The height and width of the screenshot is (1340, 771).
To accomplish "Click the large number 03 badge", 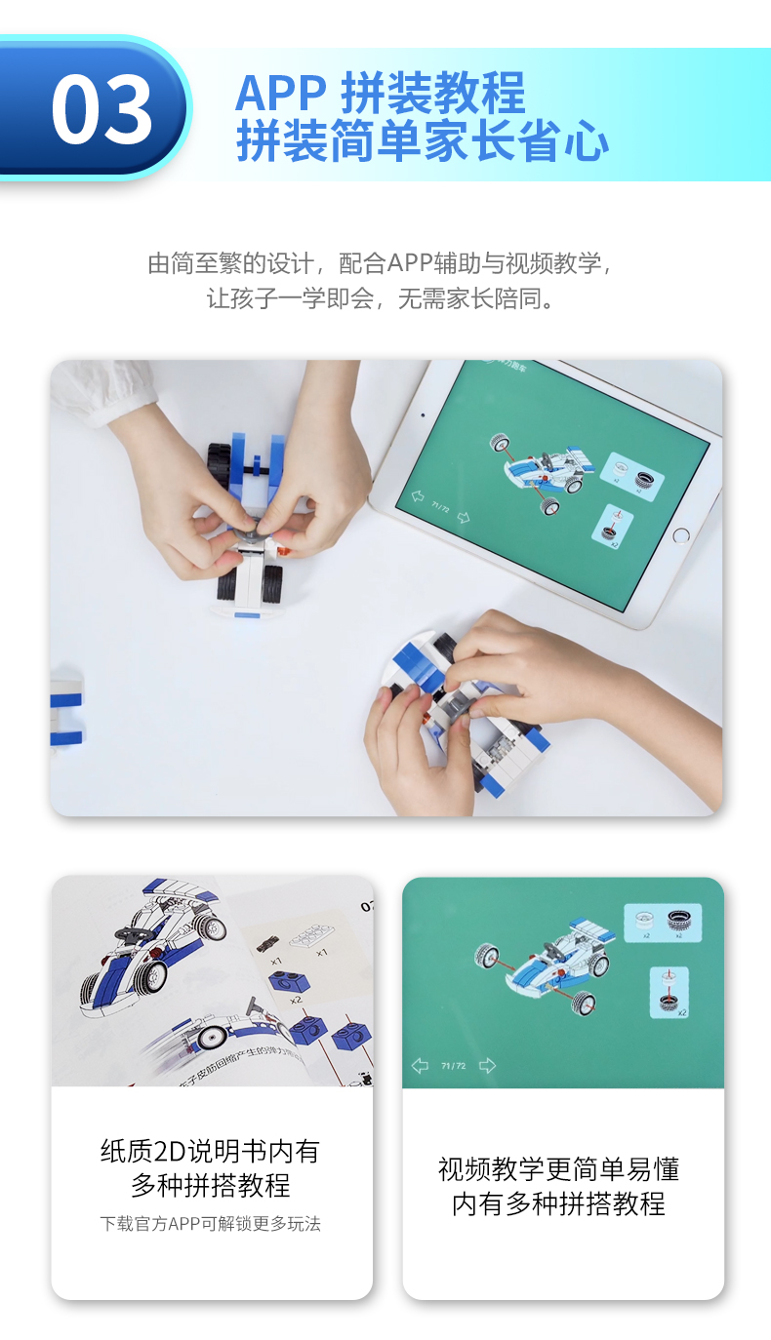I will pyautogui.click(x=101, y=108).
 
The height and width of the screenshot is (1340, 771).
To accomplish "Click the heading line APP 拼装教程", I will pyautogui.click(x=381, y=94).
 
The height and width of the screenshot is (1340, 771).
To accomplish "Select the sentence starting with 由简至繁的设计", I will pyautogui.click(x=384, y=263).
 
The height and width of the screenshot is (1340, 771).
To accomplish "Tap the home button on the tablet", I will pyautogui.click(x=680, y=535).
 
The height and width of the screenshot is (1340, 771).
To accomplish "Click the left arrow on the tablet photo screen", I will pyautogui.click(x=419, y=497).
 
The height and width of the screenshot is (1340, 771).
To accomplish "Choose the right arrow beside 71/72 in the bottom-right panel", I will pyautogui.click(x=487, y=1066).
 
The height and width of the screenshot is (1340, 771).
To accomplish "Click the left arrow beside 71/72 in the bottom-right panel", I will pyautogui.click(x=420, y=1066).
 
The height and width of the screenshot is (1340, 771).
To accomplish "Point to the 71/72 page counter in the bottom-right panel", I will pyautogui.click(x=453, y=1066).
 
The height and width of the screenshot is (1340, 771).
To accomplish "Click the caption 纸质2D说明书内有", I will pyautogui.click(x=210, y=1151).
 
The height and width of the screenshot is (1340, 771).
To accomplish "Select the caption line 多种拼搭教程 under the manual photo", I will pyautogui.click(x=210, y=1186).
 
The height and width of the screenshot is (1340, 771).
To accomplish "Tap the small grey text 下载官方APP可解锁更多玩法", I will pyautogui.click(x=210, y=1223).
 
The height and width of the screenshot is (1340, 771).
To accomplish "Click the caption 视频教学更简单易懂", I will pyautogui.click(x=558, y=1168).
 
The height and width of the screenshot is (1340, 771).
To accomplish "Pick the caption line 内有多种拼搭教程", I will pyautogui.click(x=558, y=1203).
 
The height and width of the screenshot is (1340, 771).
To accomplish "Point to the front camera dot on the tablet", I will pyautogui.click(x=423, y=414).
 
